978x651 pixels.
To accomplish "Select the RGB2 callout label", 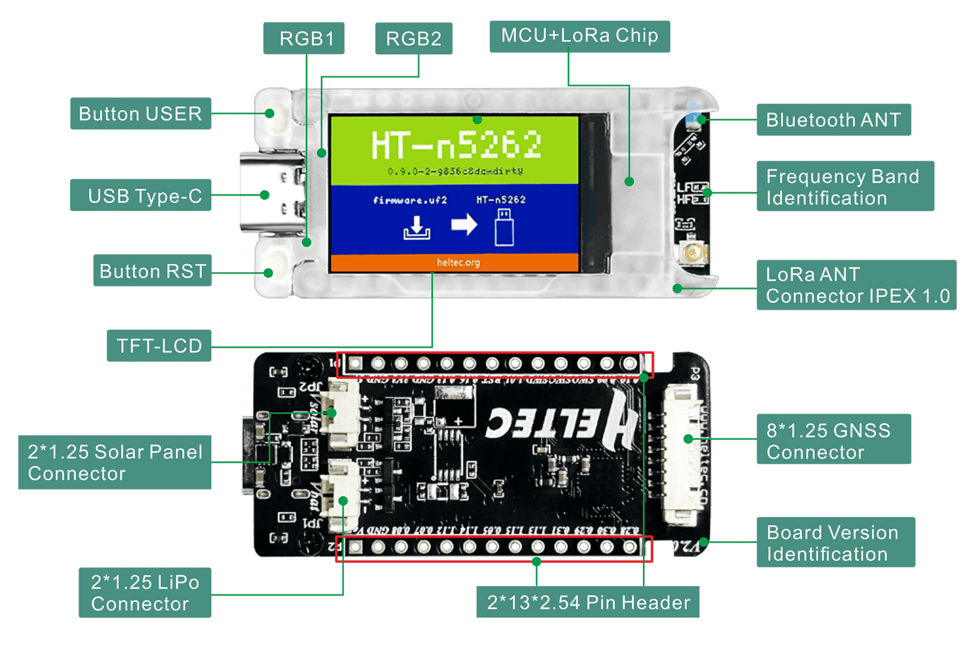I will click(x=413, y=39).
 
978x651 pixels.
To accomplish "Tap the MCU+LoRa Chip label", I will click(x=579, y=36).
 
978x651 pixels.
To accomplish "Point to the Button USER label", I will click(x=140, y=114).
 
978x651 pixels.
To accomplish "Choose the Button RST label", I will click(x=153, y=271).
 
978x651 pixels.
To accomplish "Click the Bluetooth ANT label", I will click(x=833, y=120).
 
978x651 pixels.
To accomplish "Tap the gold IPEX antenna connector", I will click(x=693, y=254).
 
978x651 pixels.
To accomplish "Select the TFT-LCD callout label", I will click(x=159, y=346).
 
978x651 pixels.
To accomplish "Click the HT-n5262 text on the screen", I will click(x=456, y=145).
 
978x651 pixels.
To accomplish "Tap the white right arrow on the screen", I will click(x=464, y=223).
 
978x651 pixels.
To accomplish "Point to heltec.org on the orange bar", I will click(x=458, y=263).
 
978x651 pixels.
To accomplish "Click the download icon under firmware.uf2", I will click(x=417, y=227).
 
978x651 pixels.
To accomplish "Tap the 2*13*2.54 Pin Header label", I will click(x=588, y=602).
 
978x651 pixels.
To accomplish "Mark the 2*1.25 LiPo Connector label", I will click(x=145, y=593).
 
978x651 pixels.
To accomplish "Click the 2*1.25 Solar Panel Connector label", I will click(x=114, y=462).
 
